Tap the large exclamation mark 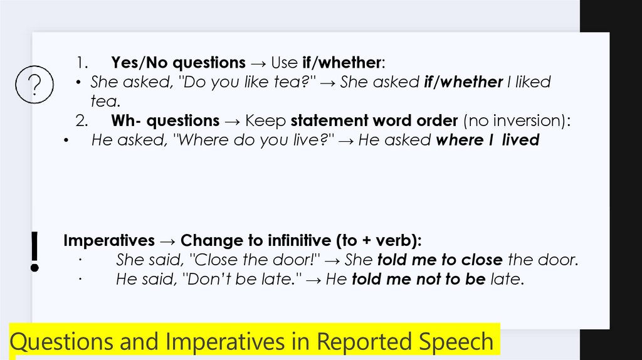click(x=35, y=251)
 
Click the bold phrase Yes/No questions click(x=178, y=63)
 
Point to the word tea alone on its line click(x=104, y=101)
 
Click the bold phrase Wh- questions click(x=166, y=120)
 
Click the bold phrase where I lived click(x=487, y=140)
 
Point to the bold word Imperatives click(x=109, y=241)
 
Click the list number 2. click(x=80, y=120)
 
